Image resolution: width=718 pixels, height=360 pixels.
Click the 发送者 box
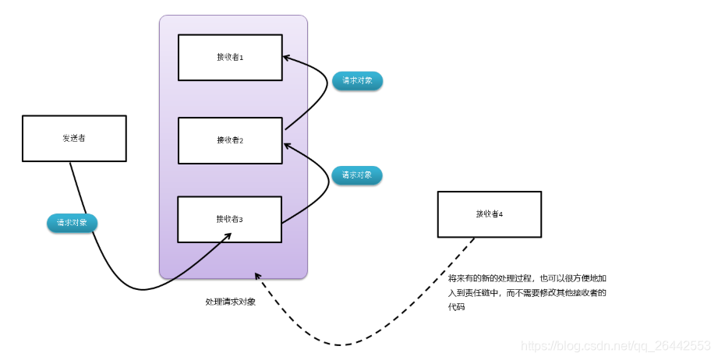tap(74, 138)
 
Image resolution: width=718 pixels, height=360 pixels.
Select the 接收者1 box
tap(230, 57)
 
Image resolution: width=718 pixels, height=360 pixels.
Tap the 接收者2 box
tap(230, 140)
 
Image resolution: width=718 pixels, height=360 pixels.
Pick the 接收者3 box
tap(230, 219)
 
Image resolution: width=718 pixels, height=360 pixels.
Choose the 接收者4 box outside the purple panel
tap(489, 214)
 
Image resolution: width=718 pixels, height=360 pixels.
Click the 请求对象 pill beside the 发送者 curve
tap(73, 223)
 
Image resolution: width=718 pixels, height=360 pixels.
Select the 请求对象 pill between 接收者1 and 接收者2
tap(357, 80)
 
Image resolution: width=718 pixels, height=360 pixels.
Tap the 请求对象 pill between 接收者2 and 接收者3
tap(357, 175)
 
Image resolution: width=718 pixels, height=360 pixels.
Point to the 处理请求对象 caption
tap(230, 302)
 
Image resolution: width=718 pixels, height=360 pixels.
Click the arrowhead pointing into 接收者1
tap(286, 57)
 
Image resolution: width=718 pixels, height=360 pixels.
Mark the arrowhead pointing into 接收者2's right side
tap(286, 144)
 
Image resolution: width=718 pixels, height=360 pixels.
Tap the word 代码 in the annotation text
tap(456, 308)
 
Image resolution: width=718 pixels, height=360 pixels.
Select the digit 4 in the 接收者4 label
tap(500, 214)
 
